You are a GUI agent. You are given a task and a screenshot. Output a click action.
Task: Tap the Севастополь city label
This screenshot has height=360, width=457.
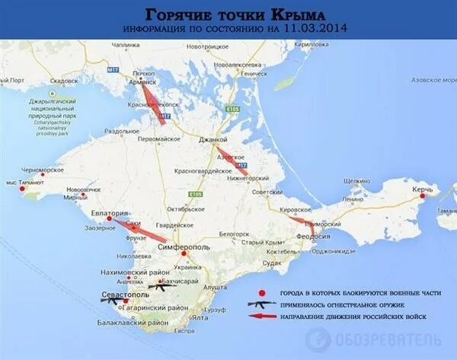[x=125, y=292]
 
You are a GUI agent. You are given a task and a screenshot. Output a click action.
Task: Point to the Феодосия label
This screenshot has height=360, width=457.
[x=314, y=237]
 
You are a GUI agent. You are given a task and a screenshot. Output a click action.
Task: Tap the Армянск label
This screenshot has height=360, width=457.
[x=144, y=81]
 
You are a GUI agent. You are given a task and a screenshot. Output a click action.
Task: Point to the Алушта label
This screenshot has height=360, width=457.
[x=216, y=287]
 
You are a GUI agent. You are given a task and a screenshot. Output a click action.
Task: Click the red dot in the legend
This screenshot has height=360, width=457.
[x=262, y=293]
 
